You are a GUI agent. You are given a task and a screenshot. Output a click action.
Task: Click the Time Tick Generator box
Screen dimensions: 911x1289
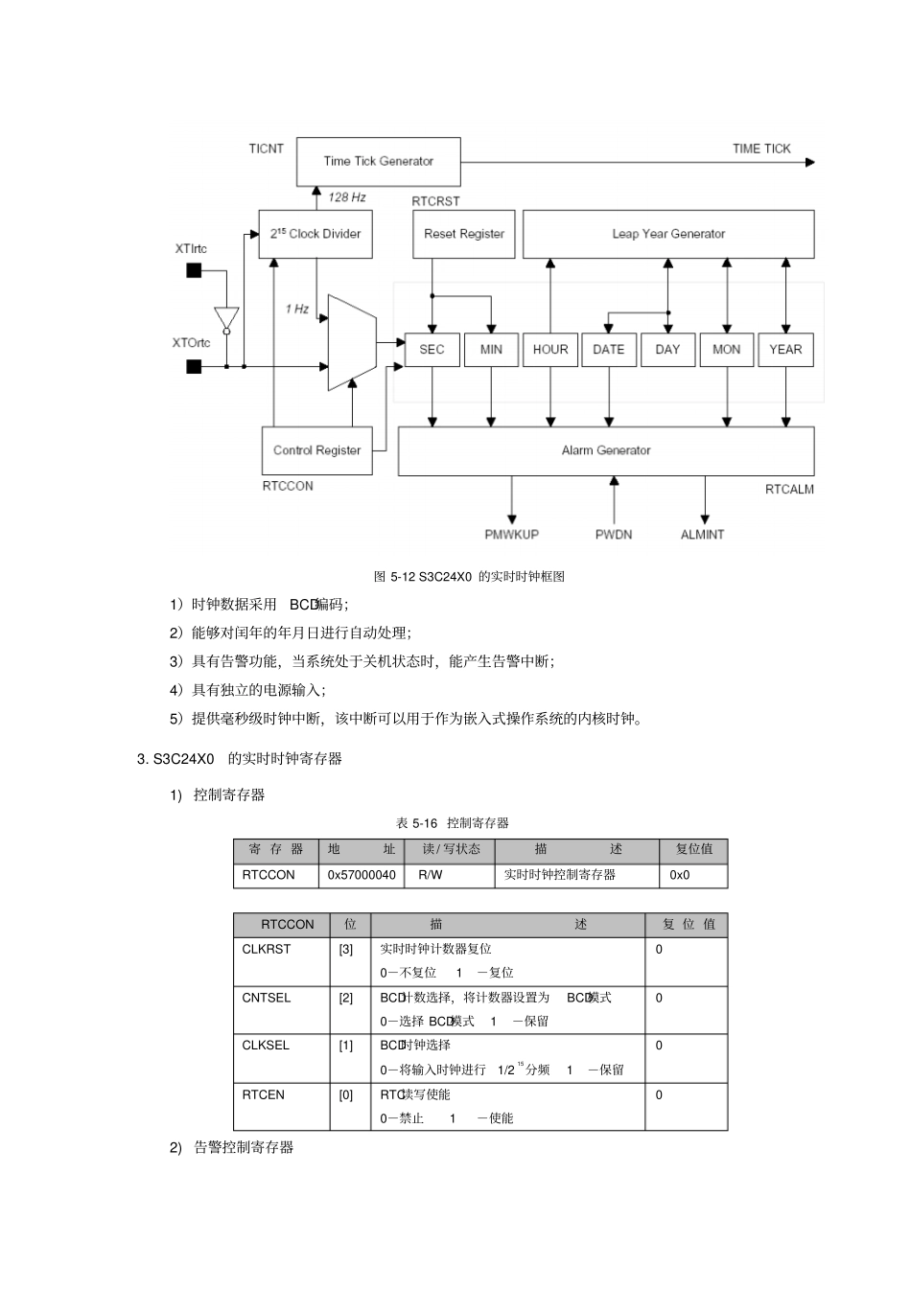[378, 161]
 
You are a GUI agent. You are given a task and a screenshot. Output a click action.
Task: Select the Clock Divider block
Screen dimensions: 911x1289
[315, 234]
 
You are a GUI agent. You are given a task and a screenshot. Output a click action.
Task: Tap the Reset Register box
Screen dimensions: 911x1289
[464, 234]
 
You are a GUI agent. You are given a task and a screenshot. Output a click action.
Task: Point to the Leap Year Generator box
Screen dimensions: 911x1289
[668, 234]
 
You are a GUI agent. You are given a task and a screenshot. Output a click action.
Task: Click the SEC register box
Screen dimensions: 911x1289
[432, 350]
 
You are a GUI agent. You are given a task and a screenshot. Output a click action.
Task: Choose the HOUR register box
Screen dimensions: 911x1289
[550, 350]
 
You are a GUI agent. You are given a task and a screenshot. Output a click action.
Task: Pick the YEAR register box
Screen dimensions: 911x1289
[785, 350]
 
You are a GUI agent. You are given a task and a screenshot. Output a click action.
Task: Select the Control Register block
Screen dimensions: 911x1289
[316, 450]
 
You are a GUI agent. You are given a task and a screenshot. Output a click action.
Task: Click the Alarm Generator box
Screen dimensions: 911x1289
[606, 450]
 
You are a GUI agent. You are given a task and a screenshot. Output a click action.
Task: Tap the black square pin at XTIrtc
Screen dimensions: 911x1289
[194, 271]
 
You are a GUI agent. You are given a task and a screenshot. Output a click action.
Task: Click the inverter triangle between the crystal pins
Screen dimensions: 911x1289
[226, 317]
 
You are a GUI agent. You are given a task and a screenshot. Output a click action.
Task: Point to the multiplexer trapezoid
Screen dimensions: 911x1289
[350, 343]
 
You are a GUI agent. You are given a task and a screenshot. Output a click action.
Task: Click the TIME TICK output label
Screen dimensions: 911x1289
[761, 149]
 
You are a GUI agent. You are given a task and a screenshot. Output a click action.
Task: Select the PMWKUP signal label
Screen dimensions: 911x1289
[511, 535]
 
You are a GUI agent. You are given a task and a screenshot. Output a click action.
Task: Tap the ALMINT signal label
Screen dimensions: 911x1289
[702, 535]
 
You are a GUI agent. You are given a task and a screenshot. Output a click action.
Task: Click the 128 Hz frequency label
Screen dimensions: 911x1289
[347, 197]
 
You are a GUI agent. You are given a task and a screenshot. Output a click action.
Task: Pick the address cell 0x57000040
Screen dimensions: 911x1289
[362, 875]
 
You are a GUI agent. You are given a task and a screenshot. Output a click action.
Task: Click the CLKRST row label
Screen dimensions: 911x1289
[267, 949]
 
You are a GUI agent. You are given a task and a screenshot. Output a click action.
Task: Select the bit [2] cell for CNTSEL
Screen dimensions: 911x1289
[346, 998]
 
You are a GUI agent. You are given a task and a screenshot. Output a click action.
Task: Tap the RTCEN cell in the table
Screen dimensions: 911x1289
[264, 1094]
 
